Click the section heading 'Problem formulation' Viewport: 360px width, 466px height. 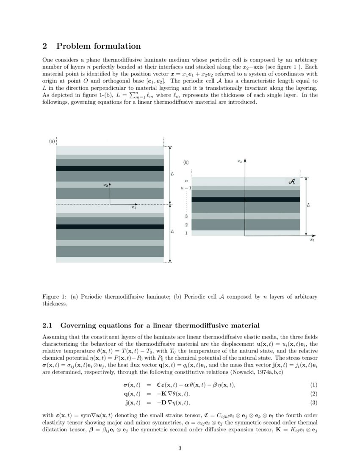(98, 46)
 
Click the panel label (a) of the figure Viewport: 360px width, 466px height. (52, 141)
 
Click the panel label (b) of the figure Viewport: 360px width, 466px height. (186, 162)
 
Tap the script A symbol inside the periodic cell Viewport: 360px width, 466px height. (291, 181)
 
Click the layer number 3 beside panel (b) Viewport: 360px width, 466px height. (186, 216)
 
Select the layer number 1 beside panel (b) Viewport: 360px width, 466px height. (186, 233)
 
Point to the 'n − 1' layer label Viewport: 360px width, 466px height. (185, 188)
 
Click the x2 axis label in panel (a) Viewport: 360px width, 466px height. (105, 185)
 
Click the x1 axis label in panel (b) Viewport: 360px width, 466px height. (312, 240)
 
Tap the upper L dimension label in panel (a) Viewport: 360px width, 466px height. (172, 174)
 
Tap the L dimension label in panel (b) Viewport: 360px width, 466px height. (308, 205)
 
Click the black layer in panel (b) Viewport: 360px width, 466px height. (246, 199)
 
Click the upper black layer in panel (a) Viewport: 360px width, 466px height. (110, 168)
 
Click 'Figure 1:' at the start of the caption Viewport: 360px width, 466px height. (53, 297)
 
